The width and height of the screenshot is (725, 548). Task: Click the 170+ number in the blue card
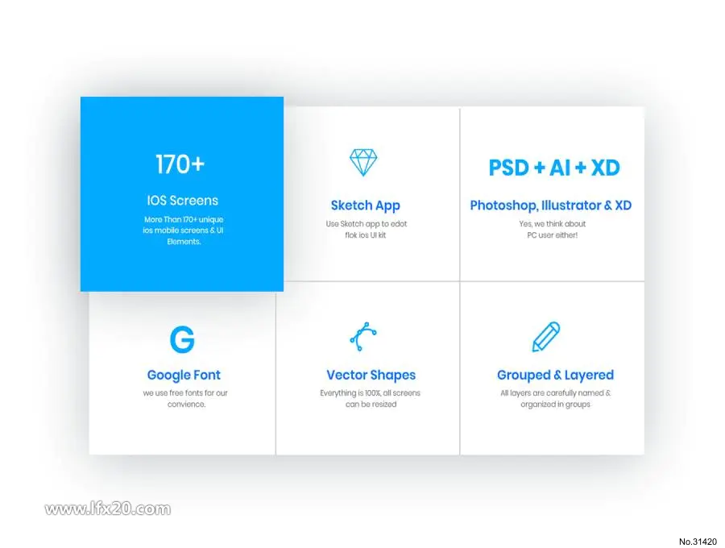[180, 164]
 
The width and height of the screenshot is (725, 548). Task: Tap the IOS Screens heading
[183, 200]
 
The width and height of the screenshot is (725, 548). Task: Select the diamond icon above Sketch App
[363, 162]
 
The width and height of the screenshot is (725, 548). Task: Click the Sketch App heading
[365, 205]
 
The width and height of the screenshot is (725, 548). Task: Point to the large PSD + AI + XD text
[554, 168]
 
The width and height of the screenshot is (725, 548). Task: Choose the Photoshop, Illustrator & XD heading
[551, 205]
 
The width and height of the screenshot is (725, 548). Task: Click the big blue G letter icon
[182, 339]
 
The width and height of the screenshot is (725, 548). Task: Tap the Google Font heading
[184, 375]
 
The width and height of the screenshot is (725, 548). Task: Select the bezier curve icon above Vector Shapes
[363, 337]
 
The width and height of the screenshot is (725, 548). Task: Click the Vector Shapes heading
[371, 375]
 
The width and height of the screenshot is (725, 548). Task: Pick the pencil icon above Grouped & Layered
[546, 337]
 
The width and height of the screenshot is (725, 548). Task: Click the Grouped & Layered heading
[555, 375]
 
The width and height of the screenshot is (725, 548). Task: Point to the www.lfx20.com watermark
[108, 509]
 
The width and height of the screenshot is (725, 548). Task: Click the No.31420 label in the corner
[698, 542]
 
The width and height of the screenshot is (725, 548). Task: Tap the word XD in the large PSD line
[605, 168]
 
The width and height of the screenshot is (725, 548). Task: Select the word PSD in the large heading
[508, 168]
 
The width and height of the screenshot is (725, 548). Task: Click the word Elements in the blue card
[184, 242]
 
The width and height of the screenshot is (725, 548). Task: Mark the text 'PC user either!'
[552, 235]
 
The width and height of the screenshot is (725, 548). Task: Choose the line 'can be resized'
[371, 405]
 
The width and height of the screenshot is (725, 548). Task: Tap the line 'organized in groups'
[555, 405]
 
